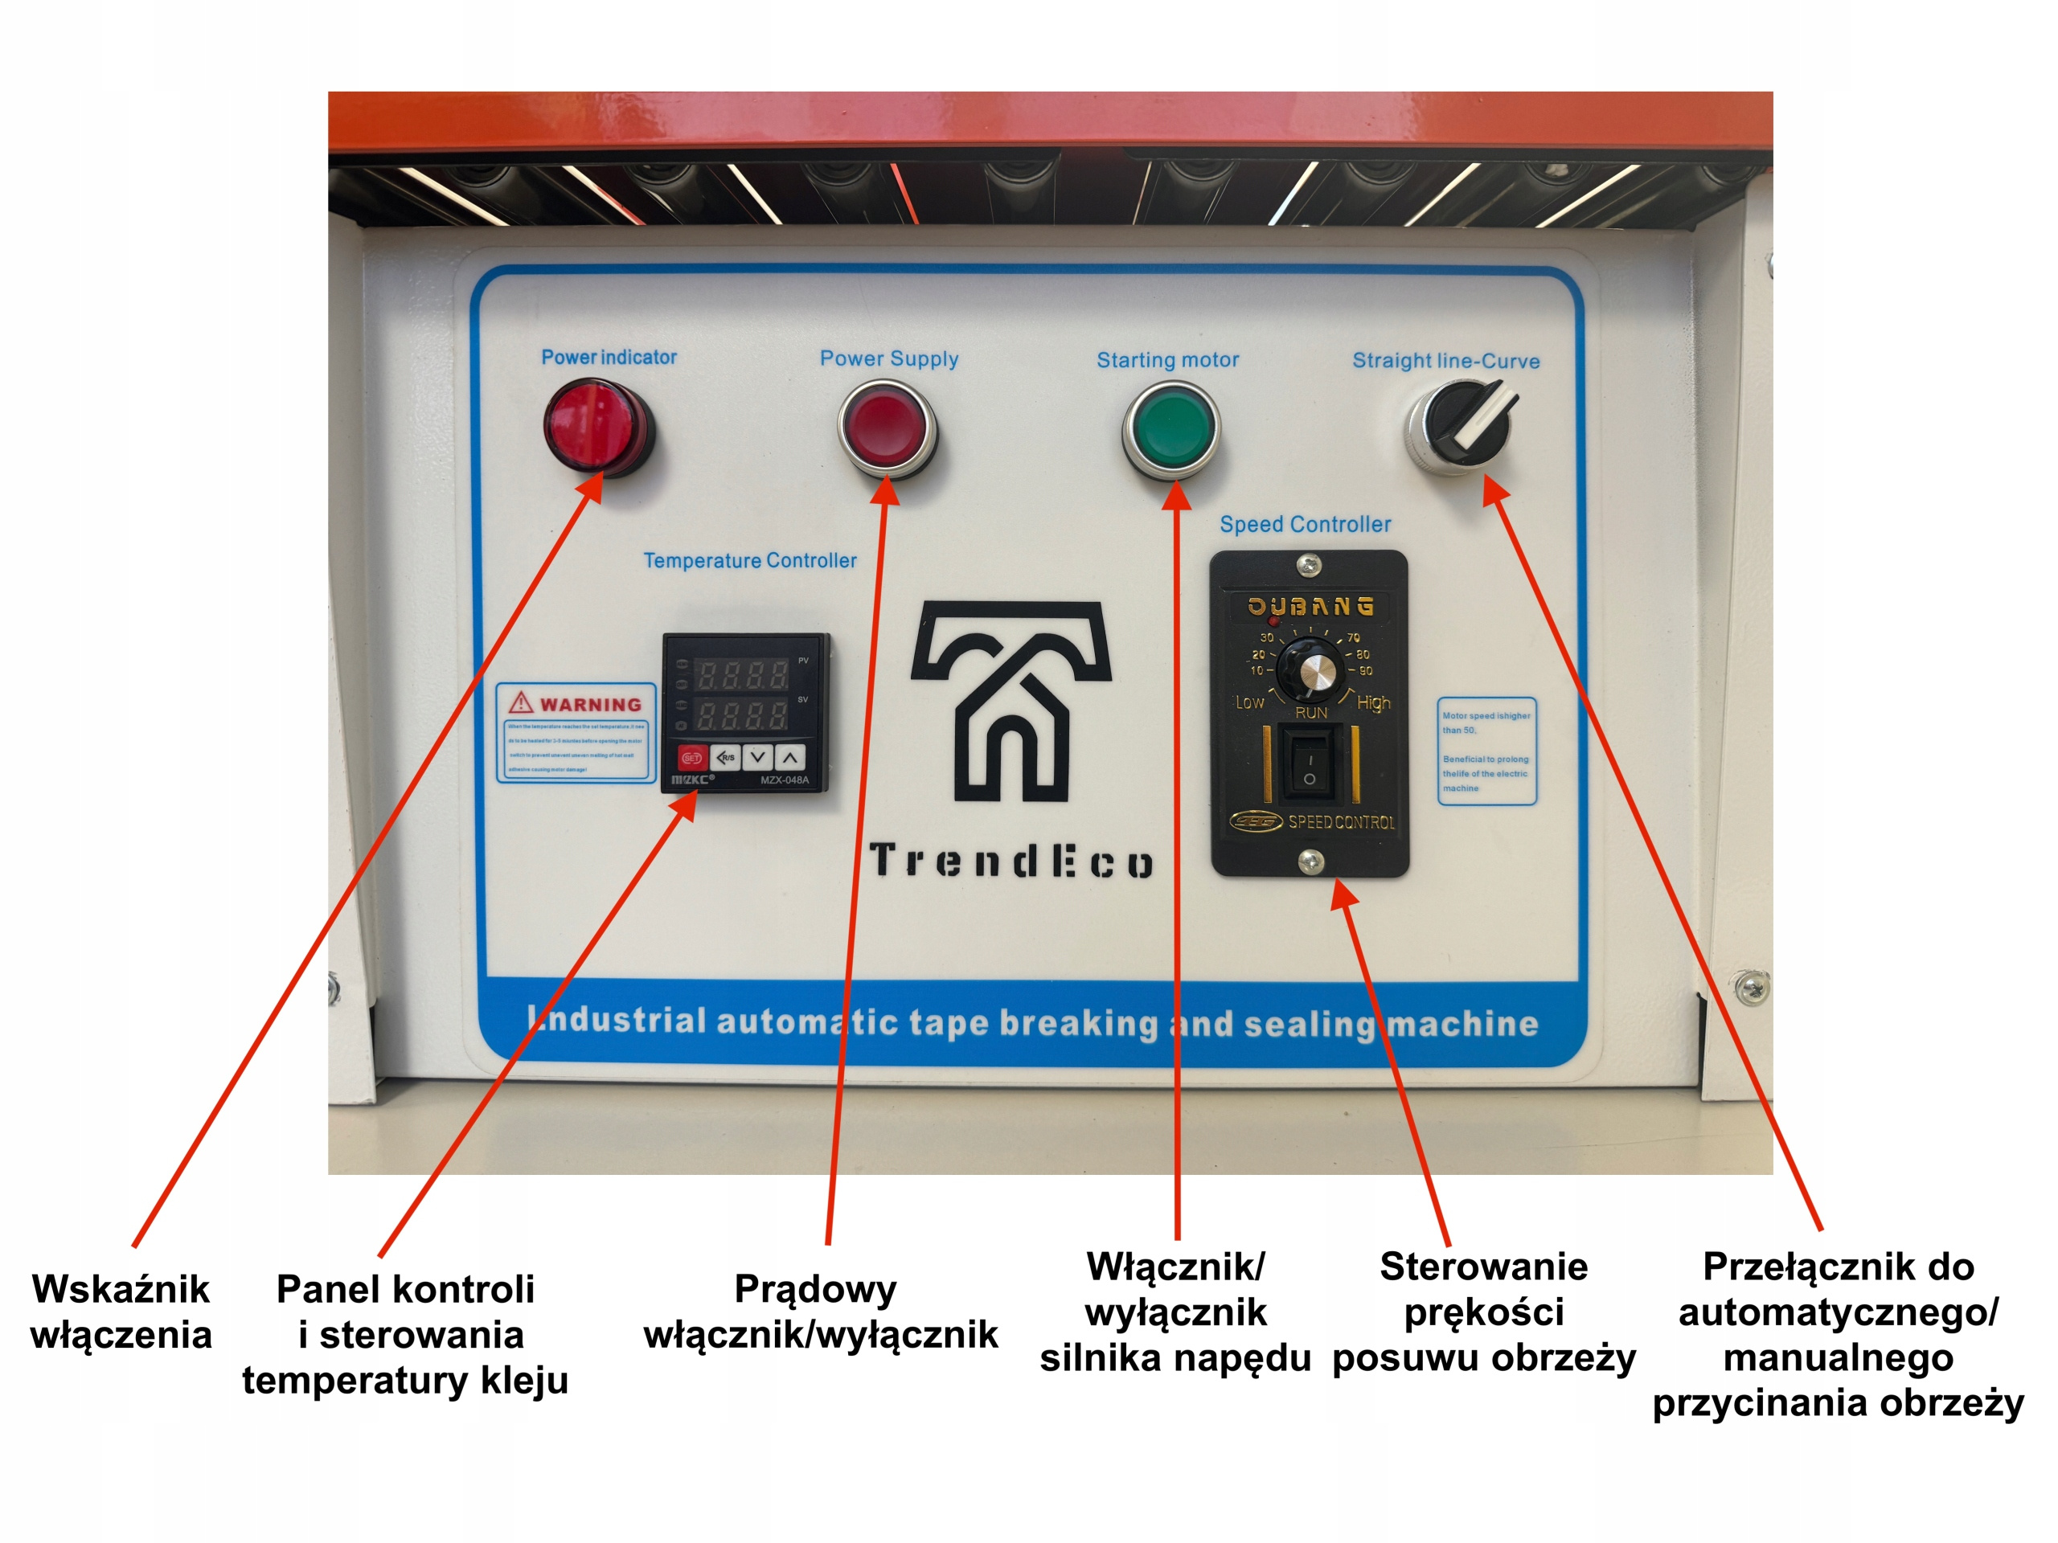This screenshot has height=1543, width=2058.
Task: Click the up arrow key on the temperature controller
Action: click(790, 757)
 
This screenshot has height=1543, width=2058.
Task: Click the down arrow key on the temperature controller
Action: click(757, 757)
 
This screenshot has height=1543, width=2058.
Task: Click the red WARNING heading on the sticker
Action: click(589, 704)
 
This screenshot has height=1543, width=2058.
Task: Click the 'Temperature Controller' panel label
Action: click(750, 561)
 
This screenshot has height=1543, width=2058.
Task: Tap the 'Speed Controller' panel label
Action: click(1306, 525)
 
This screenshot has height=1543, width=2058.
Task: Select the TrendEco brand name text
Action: click(1011, 862)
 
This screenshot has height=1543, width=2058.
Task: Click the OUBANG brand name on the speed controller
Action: click(1310, 607)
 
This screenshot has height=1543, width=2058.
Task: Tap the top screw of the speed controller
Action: click(1308, 563)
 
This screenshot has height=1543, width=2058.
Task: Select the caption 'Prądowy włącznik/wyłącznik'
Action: click(820, 1312)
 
